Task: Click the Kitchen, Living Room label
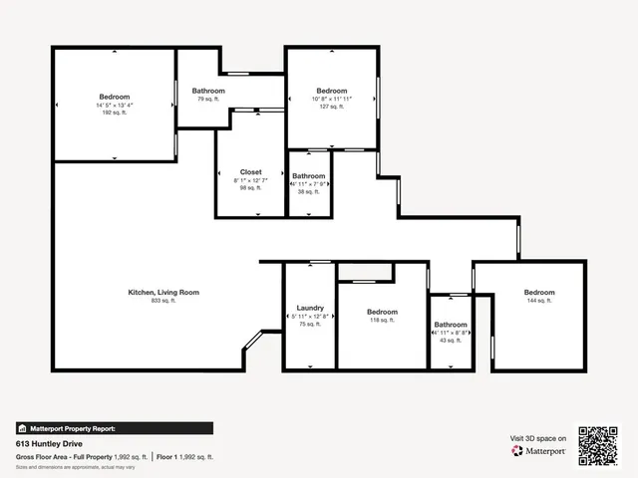click(163, 292)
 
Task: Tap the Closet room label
click(251, 171)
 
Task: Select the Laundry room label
click(309, 308)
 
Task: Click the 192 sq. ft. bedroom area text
click(115, 114)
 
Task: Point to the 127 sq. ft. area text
click(331, 107)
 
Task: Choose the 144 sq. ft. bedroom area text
click(539, 300)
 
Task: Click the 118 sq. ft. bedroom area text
click(382, 320)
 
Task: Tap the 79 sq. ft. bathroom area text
click(208, 100)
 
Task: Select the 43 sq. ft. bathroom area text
click(451, 341)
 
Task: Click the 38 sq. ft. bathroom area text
click(309, 192)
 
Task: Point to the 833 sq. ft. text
click(163, 301)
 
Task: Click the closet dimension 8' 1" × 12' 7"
click(251, 180)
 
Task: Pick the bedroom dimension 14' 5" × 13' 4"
click(115, 105)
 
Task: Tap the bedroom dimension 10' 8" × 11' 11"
click(331, 99)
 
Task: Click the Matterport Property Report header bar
click(114, 428)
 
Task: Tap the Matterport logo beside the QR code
click(539, 451)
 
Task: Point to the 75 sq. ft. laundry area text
click(309, 324)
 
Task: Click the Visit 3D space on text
click(538, 438)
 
